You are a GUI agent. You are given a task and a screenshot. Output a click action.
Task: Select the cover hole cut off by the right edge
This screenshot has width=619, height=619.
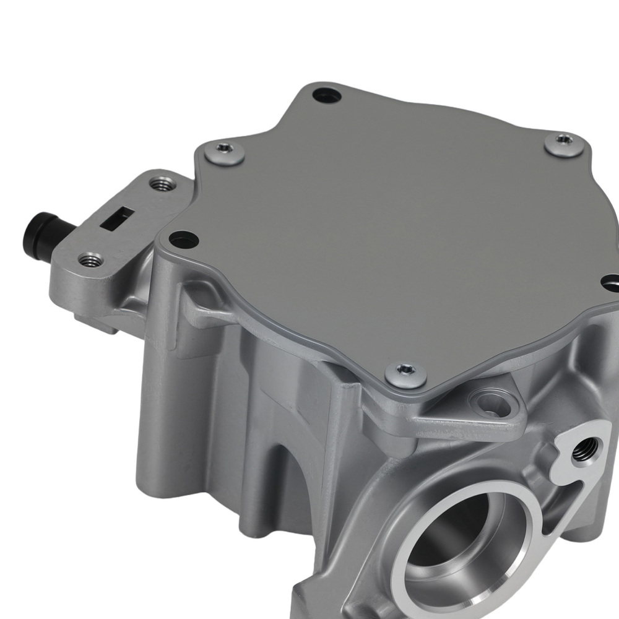coord(612,283)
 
